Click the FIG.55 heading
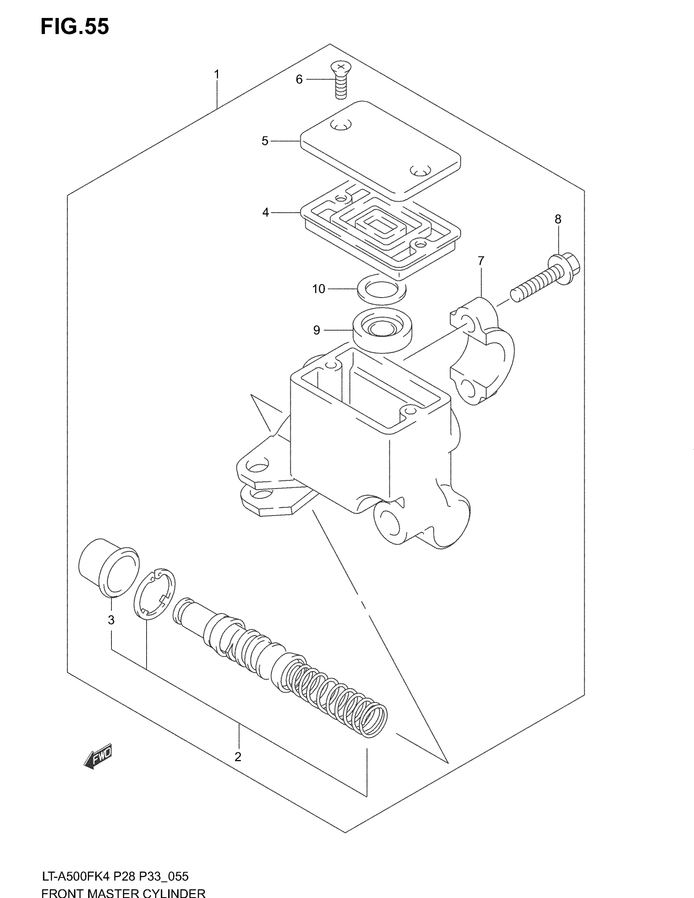click(75, 27)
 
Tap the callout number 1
click(216, 75)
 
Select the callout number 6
click(299, 79)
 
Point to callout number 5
click(265, 141)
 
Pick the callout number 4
click(266, 213)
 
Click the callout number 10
click(319, 289)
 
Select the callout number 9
click(316, 330)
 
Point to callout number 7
click(480, 261)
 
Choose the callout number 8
click(558, 219)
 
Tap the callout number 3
click(111, 620)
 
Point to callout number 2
click(238, 756)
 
